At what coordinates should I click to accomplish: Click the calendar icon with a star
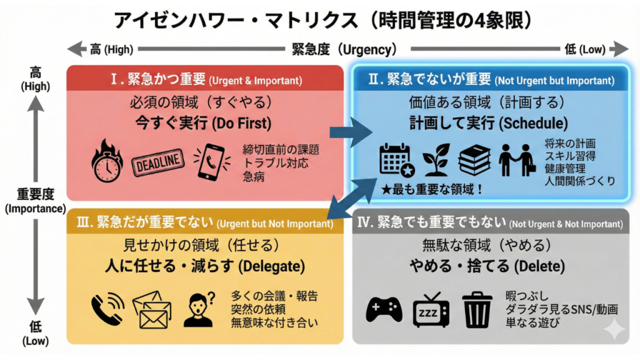pos(397,160)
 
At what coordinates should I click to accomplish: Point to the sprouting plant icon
pos(436,160)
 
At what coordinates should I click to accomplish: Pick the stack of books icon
pos(476,160)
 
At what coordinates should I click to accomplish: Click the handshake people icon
pos(517,160)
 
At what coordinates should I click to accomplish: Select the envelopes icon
pos(152,310)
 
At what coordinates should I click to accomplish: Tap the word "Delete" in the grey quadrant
pos(539,267)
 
